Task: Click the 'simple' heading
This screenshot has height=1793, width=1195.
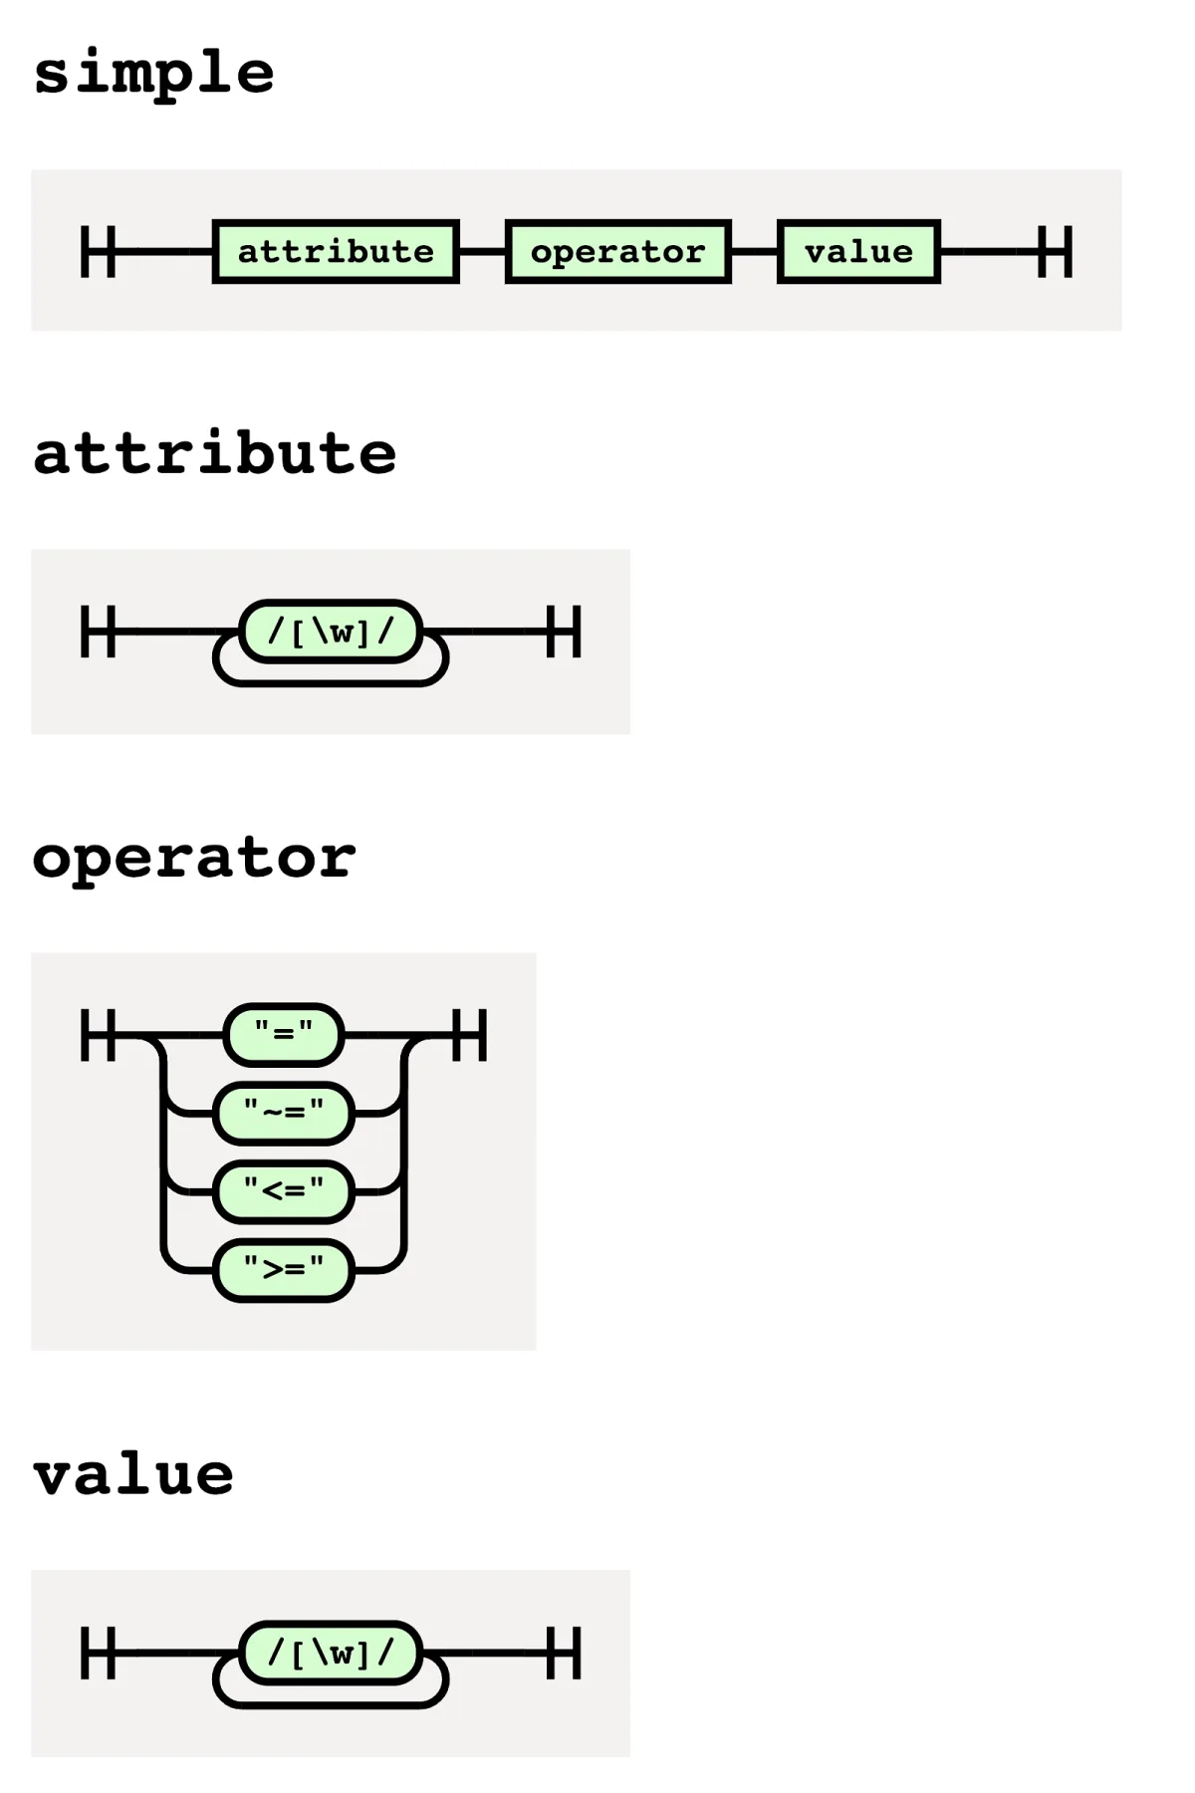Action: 154,73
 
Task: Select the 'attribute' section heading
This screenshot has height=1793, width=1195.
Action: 215,453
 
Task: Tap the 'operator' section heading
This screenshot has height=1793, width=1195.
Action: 194,858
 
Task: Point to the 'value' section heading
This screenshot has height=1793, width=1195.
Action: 133,1474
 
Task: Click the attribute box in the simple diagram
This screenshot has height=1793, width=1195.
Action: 336,252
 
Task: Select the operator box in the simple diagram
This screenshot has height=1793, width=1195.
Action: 618,252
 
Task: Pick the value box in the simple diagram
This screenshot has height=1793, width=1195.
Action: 858,252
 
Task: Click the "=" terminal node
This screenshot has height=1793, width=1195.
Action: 284,1035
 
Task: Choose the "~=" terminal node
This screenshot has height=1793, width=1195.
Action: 284,1114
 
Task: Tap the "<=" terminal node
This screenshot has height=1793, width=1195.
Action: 284,1191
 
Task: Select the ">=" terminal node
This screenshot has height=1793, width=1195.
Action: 284,1270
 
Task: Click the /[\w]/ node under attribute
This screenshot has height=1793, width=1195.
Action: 331,632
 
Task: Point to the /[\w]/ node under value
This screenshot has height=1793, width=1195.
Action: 331,1654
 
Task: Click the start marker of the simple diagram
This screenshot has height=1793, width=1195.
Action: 98,252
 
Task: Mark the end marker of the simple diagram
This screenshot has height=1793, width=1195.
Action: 1056,252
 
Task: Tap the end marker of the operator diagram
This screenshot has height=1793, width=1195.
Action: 469,1035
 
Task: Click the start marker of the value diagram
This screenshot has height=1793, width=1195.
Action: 98,1654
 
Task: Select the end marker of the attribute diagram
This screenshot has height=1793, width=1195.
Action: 564,632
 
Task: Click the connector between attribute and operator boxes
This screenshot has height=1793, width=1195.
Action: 483,252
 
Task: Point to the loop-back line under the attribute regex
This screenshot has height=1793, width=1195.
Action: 331,682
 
